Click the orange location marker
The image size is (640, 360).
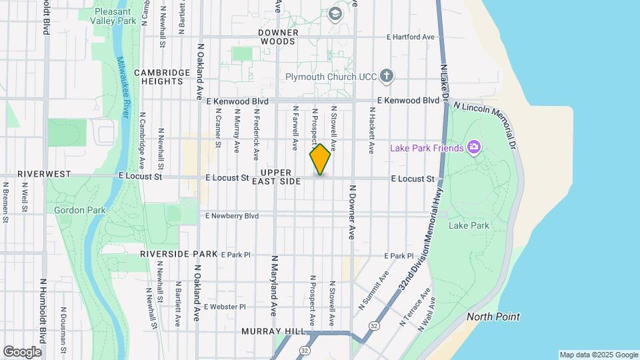(320, 159)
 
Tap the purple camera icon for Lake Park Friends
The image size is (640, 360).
(474, 147)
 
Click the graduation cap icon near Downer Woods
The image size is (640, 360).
(335, 13)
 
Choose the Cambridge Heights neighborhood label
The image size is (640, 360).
(158, 77)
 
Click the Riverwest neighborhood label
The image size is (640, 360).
(44, 174)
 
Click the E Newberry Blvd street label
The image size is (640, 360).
(231, 216)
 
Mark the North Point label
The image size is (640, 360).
(493, 317)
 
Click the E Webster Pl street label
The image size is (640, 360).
(225, 307)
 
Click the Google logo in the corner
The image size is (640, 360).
(22, 352)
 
